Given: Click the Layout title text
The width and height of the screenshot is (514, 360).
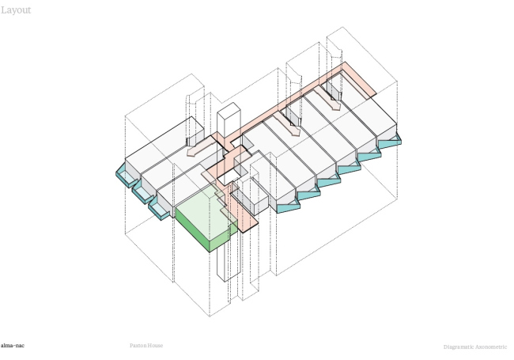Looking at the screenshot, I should tap(15, 10).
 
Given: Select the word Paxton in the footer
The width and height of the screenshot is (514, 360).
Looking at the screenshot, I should tap(139, 346).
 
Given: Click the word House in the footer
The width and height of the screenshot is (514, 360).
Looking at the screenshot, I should tap(156, 346).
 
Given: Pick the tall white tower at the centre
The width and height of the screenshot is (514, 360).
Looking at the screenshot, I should tap(227, 123).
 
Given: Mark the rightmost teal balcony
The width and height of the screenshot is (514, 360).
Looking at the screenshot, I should tap(389, 142).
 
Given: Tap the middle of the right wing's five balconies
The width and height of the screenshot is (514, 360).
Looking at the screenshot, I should tap(348, 169).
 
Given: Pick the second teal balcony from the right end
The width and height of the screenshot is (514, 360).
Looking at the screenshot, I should tap(368, 155).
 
